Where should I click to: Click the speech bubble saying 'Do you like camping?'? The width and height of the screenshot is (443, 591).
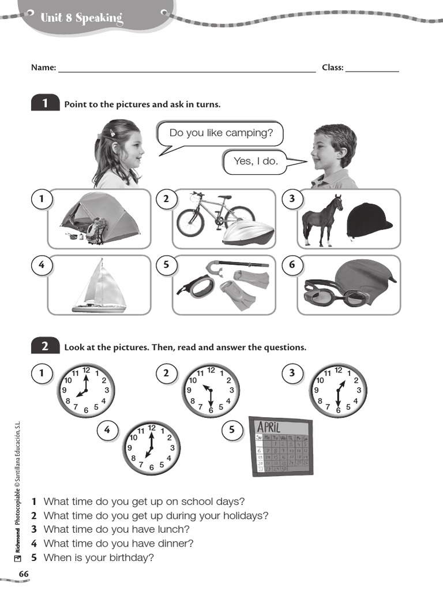(220, 133)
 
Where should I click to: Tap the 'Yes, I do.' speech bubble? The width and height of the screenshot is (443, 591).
(256, 162)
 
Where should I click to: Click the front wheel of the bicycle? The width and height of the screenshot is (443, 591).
(190, 223)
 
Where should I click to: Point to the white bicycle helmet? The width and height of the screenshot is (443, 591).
(249, 234)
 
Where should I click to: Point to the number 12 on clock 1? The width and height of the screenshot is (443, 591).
(86, 370)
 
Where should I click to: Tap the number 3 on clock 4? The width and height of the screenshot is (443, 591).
(172, 448)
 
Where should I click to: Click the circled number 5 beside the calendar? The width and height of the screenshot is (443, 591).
(232, 431)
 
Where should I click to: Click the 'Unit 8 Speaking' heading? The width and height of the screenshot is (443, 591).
(82, 18)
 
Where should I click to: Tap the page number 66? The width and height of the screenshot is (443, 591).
(24, 574)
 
